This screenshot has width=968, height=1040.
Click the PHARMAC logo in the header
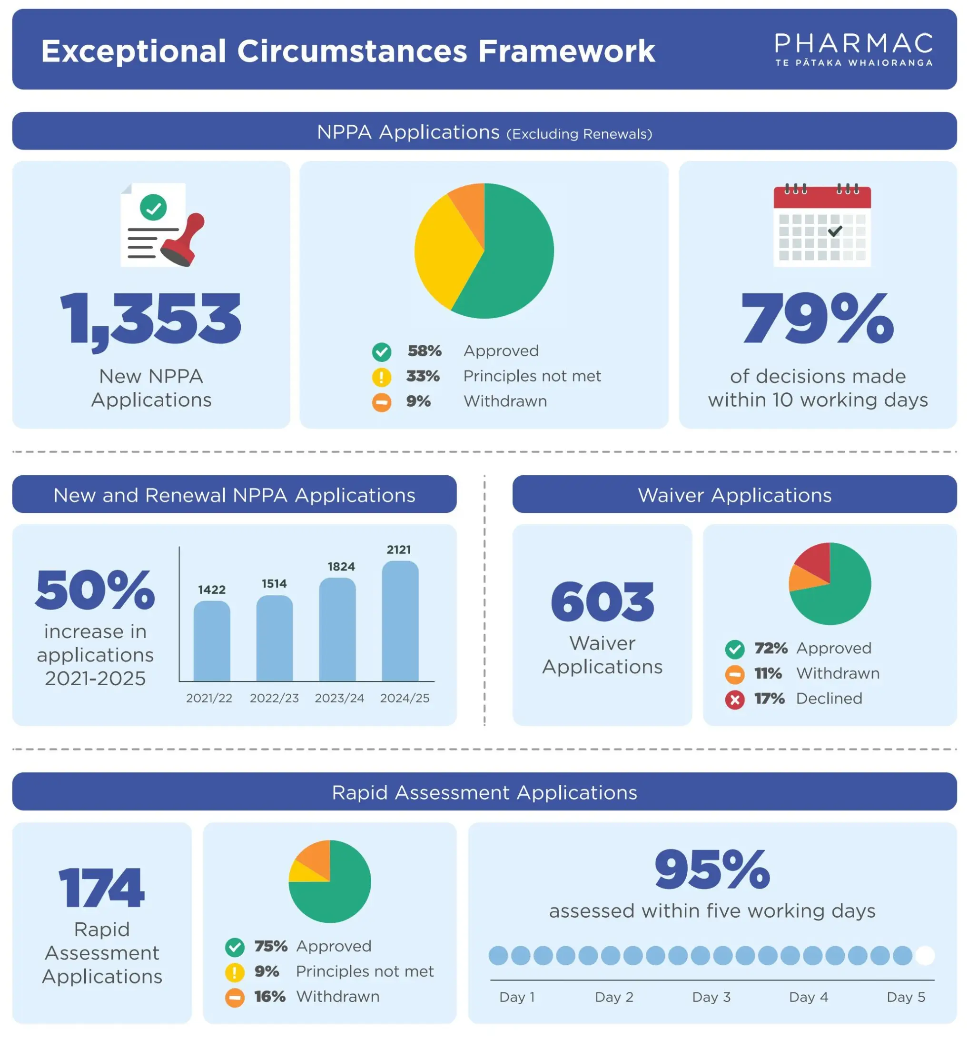[853, 50]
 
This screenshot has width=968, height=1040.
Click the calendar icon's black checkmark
[835, 230]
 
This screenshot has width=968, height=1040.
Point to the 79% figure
[818, 319]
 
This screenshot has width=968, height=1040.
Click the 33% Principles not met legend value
[423, 376]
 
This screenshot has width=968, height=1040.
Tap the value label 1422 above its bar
[212, 590]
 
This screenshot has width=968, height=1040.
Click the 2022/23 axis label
[274, 699]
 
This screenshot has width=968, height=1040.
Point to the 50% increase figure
[95, 591]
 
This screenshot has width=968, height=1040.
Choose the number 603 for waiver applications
[602, 602]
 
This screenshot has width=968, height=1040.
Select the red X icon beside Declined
[734, 700]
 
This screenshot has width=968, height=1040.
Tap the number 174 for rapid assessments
[101, 888]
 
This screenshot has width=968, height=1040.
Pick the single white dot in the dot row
[925, 956]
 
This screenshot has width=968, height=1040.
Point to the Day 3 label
[711, 997]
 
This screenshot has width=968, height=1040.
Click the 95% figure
[712, 870]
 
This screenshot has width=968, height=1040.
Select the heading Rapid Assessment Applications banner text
[484, 792]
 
